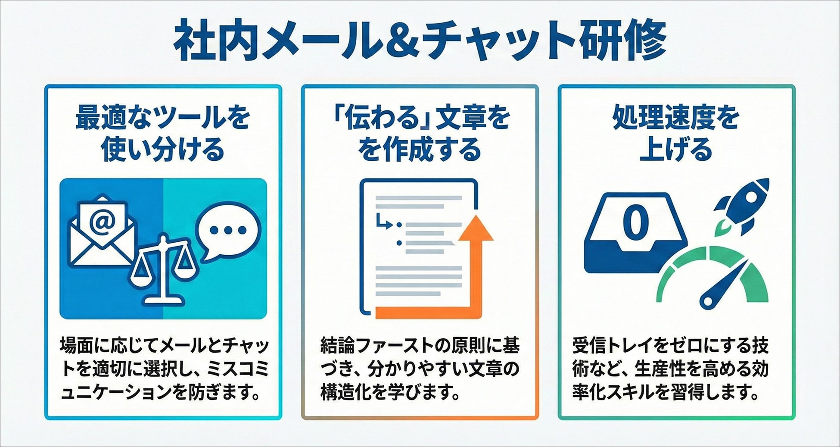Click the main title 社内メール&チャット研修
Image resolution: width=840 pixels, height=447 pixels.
coord(420,40)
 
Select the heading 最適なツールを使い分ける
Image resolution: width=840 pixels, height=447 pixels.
coord(163,133)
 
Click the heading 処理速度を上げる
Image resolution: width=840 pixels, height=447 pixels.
coord(676,133)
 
